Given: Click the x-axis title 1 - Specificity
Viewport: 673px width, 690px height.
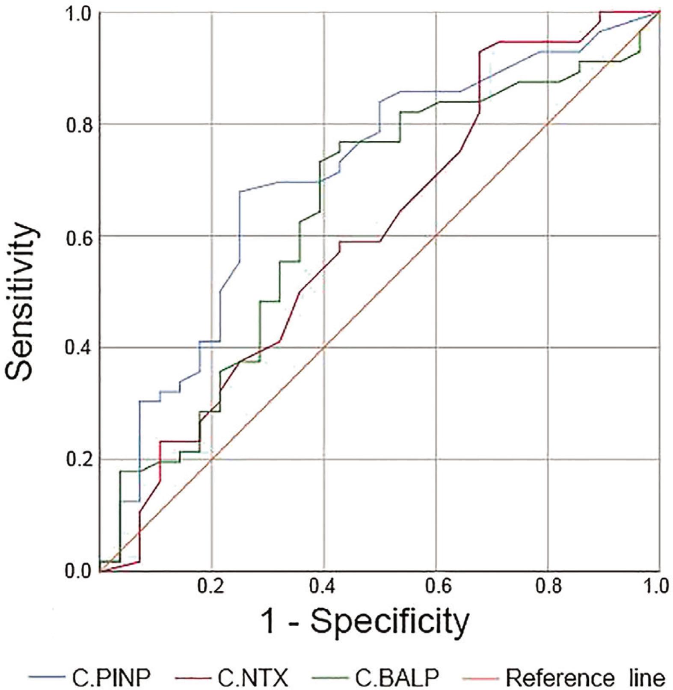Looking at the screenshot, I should pyautogui.click(x=367, y=622).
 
